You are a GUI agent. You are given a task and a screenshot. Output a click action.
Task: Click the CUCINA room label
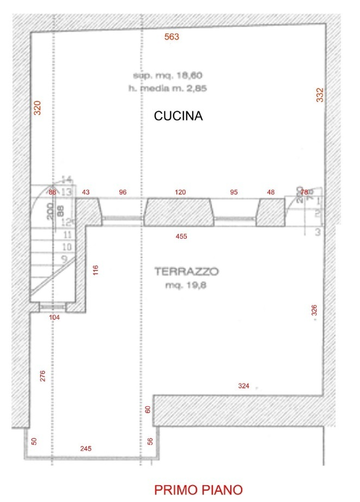(x=178, y=116)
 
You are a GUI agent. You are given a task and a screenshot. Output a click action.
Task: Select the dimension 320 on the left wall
(x=37, y=108)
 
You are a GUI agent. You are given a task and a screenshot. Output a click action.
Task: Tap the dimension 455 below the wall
(x=181, y=237)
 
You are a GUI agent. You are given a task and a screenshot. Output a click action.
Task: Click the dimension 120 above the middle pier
(x=180, y=192)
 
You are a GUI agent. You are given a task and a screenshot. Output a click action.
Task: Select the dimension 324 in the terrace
(x=244, y=386)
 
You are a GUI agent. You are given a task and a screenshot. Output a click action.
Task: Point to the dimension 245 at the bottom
(x=86, y=448)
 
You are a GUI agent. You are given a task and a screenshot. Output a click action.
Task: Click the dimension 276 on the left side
(x=43, y=376)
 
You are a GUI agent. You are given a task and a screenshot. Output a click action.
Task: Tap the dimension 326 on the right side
(x=314, y=310)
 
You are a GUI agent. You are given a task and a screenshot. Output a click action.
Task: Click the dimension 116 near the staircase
(x=96, y=270)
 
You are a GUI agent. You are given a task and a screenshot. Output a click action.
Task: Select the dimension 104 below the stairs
(x=54, y=317)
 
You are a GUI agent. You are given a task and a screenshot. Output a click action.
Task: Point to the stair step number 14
(x=67, y=180)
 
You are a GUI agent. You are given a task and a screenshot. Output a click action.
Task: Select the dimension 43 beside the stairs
(x=86, y=192)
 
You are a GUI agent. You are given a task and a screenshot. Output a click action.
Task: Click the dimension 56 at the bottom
(x=150, y=441)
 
